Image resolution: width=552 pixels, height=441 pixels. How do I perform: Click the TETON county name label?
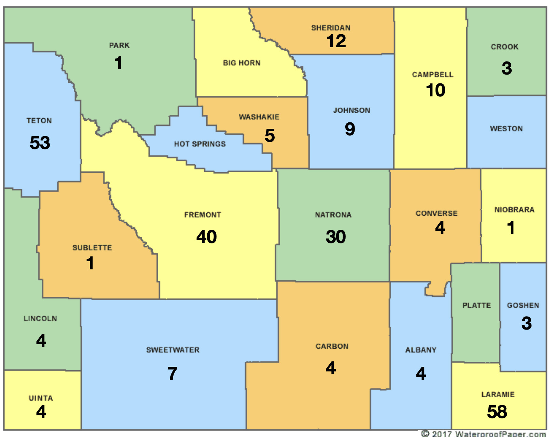[39, 121]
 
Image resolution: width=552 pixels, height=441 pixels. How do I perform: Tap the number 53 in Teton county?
[40, 143]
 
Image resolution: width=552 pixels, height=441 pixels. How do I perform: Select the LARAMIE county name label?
[498, 395]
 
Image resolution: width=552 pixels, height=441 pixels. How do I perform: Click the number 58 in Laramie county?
[497, 412]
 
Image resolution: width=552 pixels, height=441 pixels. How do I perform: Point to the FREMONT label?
[203, 215]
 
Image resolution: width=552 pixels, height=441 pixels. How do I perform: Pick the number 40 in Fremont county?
[206, 237]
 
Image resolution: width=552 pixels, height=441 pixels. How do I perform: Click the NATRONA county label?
[333, 215]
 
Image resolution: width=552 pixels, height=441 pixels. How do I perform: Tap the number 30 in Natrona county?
[336, 237]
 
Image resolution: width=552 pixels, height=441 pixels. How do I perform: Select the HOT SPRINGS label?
[200, 144]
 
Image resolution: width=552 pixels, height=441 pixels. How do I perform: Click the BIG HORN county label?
[242, 63]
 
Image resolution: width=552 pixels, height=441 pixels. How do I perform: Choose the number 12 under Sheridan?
[336, 41]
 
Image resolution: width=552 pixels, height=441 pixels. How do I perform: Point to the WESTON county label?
[506, 129]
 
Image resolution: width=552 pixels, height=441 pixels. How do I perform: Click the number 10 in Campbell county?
[436, 90]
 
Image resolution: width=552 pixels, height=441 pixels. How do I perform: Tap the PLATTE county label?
[477, 305]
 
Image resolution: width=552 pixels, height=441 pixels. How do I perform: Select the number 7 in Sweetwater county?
[172, 373]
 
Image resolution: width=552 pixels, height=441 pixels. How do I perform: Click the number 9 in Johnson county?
[350, 129]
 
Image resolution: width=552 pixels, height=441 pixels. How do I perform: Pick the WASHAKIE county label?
[259, 117]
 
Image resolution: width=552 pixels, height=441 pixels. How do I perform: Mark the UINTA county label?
[41, 398]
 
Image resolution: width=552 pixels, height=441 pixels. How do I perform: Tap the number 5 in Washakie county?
[270, 136]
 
